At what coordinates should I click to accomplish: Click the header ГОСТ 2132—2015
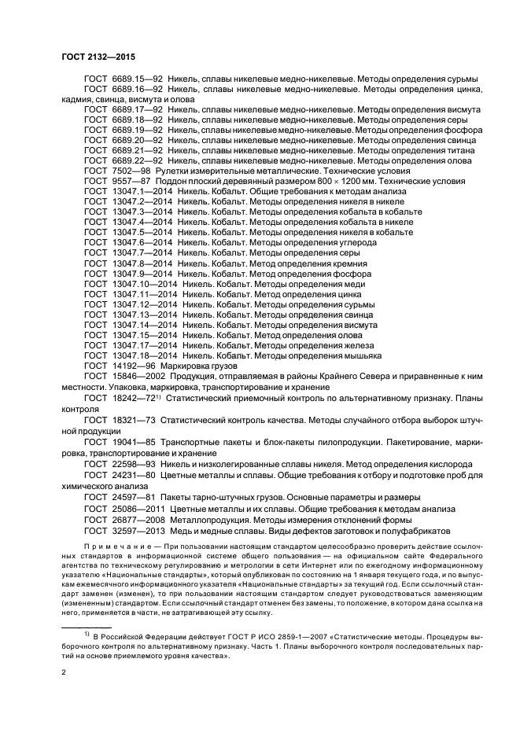tap(94, 57)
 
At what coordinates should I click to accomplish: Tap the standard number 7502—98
tap(131, 170)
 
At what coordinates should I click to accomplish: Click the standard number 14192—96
tap(133, 366)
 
